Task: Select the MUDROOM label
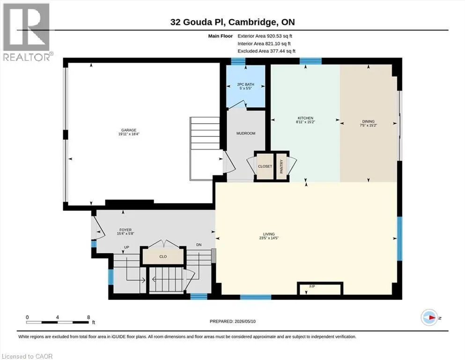point(246,134)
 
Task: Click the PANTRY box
point(281,166)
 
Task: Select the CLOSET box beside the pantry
point(265,166)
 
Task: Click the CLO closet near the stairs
point(163,256)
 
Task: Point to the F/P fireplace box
point(320,288)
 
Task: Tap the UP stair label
point(126,247)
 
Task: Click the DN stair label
point(199,245)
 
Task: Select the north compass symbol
point(429,317)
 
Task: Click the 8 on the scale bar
point(89,317)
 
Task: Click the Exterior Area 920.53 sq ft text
point(265,36)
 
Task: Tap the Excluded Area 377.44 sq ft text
point(266,51)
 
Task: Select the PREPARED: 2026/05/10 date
point(232,322)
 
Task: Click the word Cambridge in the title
point(252,22)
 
